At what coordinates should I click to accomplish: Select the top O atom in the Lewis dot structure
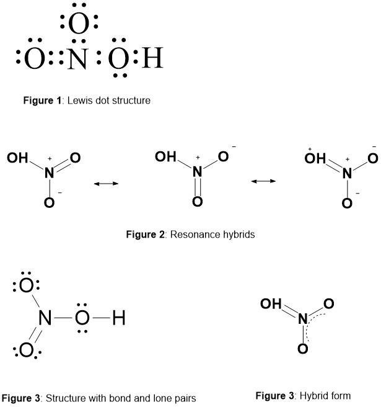tap(79, 24)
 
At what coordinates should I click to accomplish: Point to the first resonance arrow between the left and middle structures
tap(105, 183)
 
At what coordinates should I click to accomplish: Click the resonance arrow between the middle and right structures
tap(264, 181)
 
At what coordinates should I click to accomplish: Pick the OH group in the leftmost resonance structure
tap(17, 158)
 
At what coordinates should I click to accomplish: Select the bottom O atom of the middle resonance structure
tap(197, 202)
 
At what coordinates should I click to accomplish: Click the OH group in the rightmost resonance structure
tap(315, 158)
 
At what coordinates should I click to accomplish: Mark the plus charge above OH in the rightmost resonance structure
tap(309, 150)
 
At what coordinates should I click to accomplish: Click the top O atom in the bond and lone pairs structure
tap(26, 286)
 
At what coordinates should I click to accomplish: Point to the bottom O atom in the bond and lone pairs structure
tap(26, 351)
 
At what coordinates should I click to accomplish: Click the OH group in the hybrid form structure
tap(270, 304)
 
